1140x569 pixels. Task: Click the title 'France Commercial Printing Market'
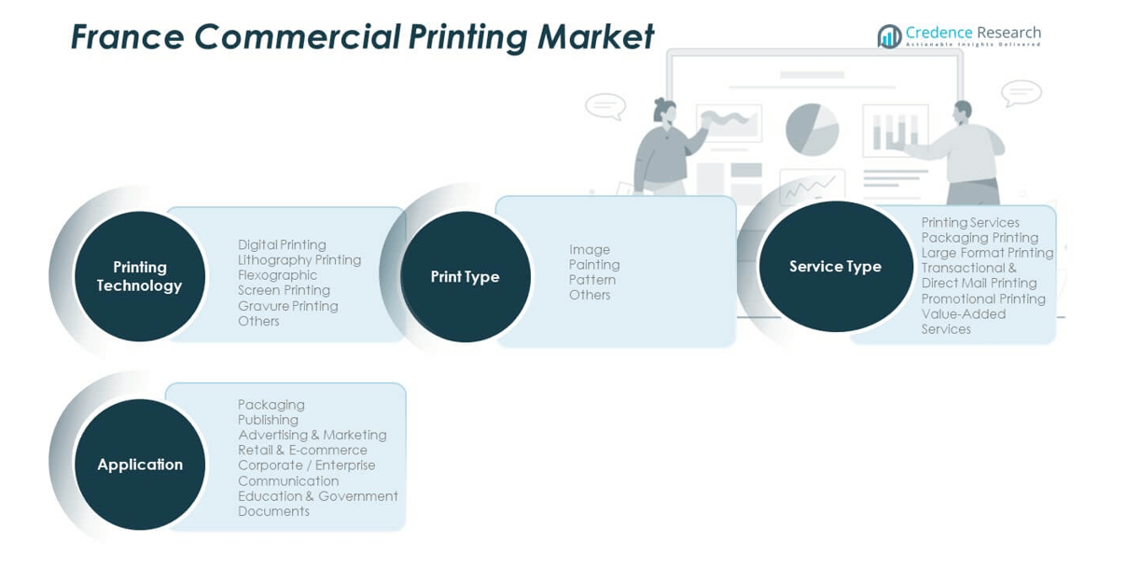[x=362, y=37]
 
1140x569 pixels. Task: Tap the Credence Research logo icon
[x=889, y=36]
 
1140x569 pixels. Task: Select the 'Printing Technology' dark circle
[x=140, y=276]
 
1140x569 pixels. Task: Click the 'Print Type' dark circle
[x=465, y=277]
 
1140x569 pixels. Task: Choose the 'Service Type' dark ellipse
[x=835, y=267]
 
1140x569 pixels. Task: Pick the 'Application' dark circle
[x=140, y=465]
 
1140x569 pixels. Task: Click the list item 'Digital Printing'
[x=282, y=245]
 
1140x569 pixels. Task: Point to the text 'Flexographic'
[x=277, y=275]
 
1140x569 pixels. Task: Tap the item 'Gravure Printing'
[x=287, y=306]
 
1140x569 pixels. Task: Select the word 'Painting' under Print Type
[x=594, y=265]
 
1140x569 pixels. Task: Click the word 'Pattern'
[x=592, y=280]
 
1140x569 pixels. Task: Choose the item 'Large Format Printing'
[x=987, y=253]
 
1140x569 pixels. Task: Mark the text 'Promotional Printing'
[x=983, y=298]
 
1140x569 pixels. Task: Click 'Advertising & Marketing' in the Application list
[x=312, y=435]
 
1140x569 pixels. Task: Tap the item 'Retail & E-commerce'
[x=302, y=450]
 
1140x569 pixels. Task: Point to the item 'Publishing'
[x=268, y=420]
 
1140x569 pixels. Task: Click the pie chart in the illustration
[x=812, y=129]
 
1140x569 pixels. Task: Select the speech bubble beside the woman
[x=605, y=105]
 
